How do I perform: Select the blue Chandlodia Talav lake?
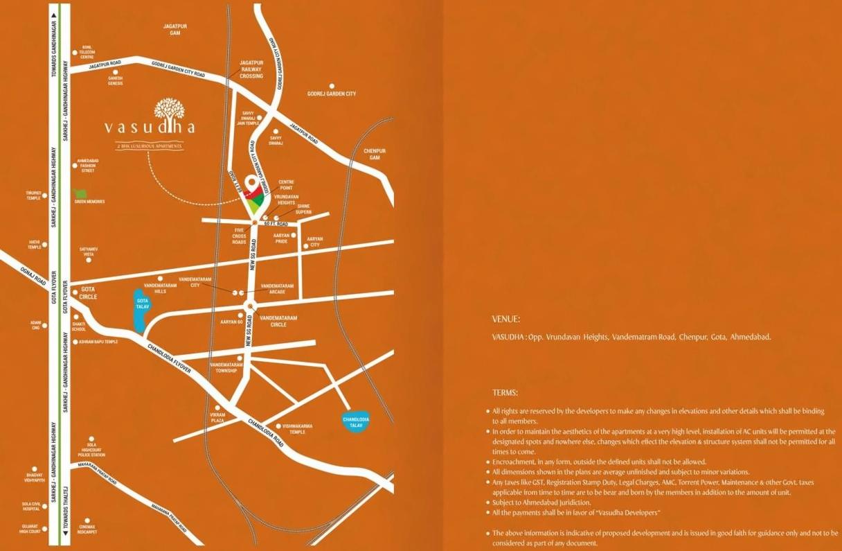tap(356, 421)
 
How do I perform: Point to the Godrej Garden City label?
tap(331, 94)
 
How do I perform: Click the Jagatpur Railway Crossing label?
tap(251, 69)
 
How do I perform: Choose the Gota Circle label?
tap(89, 292)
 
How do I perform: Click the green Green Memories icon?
tap(80, 193)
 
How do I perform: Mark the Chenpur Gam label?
tap(375, 154)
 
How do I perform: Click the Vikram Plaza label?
tap(218, 419)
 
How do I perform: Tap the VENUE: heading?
tap(505, 320)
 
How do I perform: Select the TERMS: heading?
tap(505, 393)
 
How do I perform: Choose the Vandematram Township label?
tap(226, 367)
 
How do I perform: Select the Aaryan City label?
tap(315, 242)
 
